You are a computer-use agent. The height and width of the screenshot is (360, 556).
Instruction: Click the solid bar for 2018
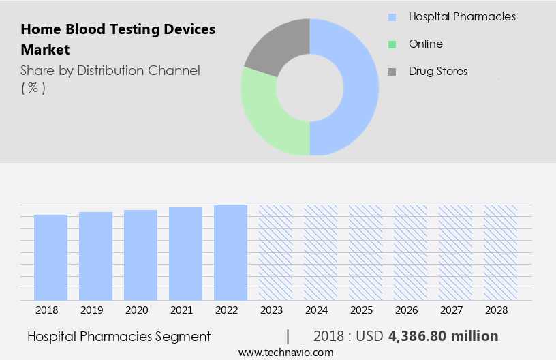50,257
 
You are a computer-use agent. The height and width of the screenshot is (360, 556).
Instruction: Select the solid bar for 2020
140,255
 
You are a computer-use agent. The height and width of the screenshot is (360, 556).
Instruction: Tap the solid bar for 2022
230,252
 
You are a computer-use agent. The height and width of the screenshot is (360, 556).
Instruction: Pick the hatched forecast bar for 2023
275,252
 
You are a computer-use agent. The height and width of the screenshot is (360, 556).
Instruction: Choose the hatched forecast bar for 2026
410,252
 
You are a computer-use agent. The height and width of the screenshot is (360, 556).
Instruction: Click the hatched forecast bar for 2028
500,252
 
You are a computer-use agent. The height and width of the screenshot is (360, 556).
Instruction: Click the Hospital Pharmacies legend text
462,16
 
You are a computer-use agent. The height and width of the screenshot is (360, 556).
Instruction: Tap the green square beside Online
392,44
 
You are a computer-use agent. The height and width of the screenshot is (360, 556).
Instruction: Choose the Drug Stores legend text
438,71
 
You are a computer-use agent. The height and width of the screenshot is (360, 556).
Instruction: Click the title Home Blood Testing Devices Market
118,40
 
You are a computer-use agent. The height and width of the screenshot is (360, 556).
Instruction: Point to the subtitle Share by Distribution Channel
110,71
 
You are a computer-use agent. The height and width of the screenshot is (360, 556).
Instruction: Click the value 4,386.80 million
444,336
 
